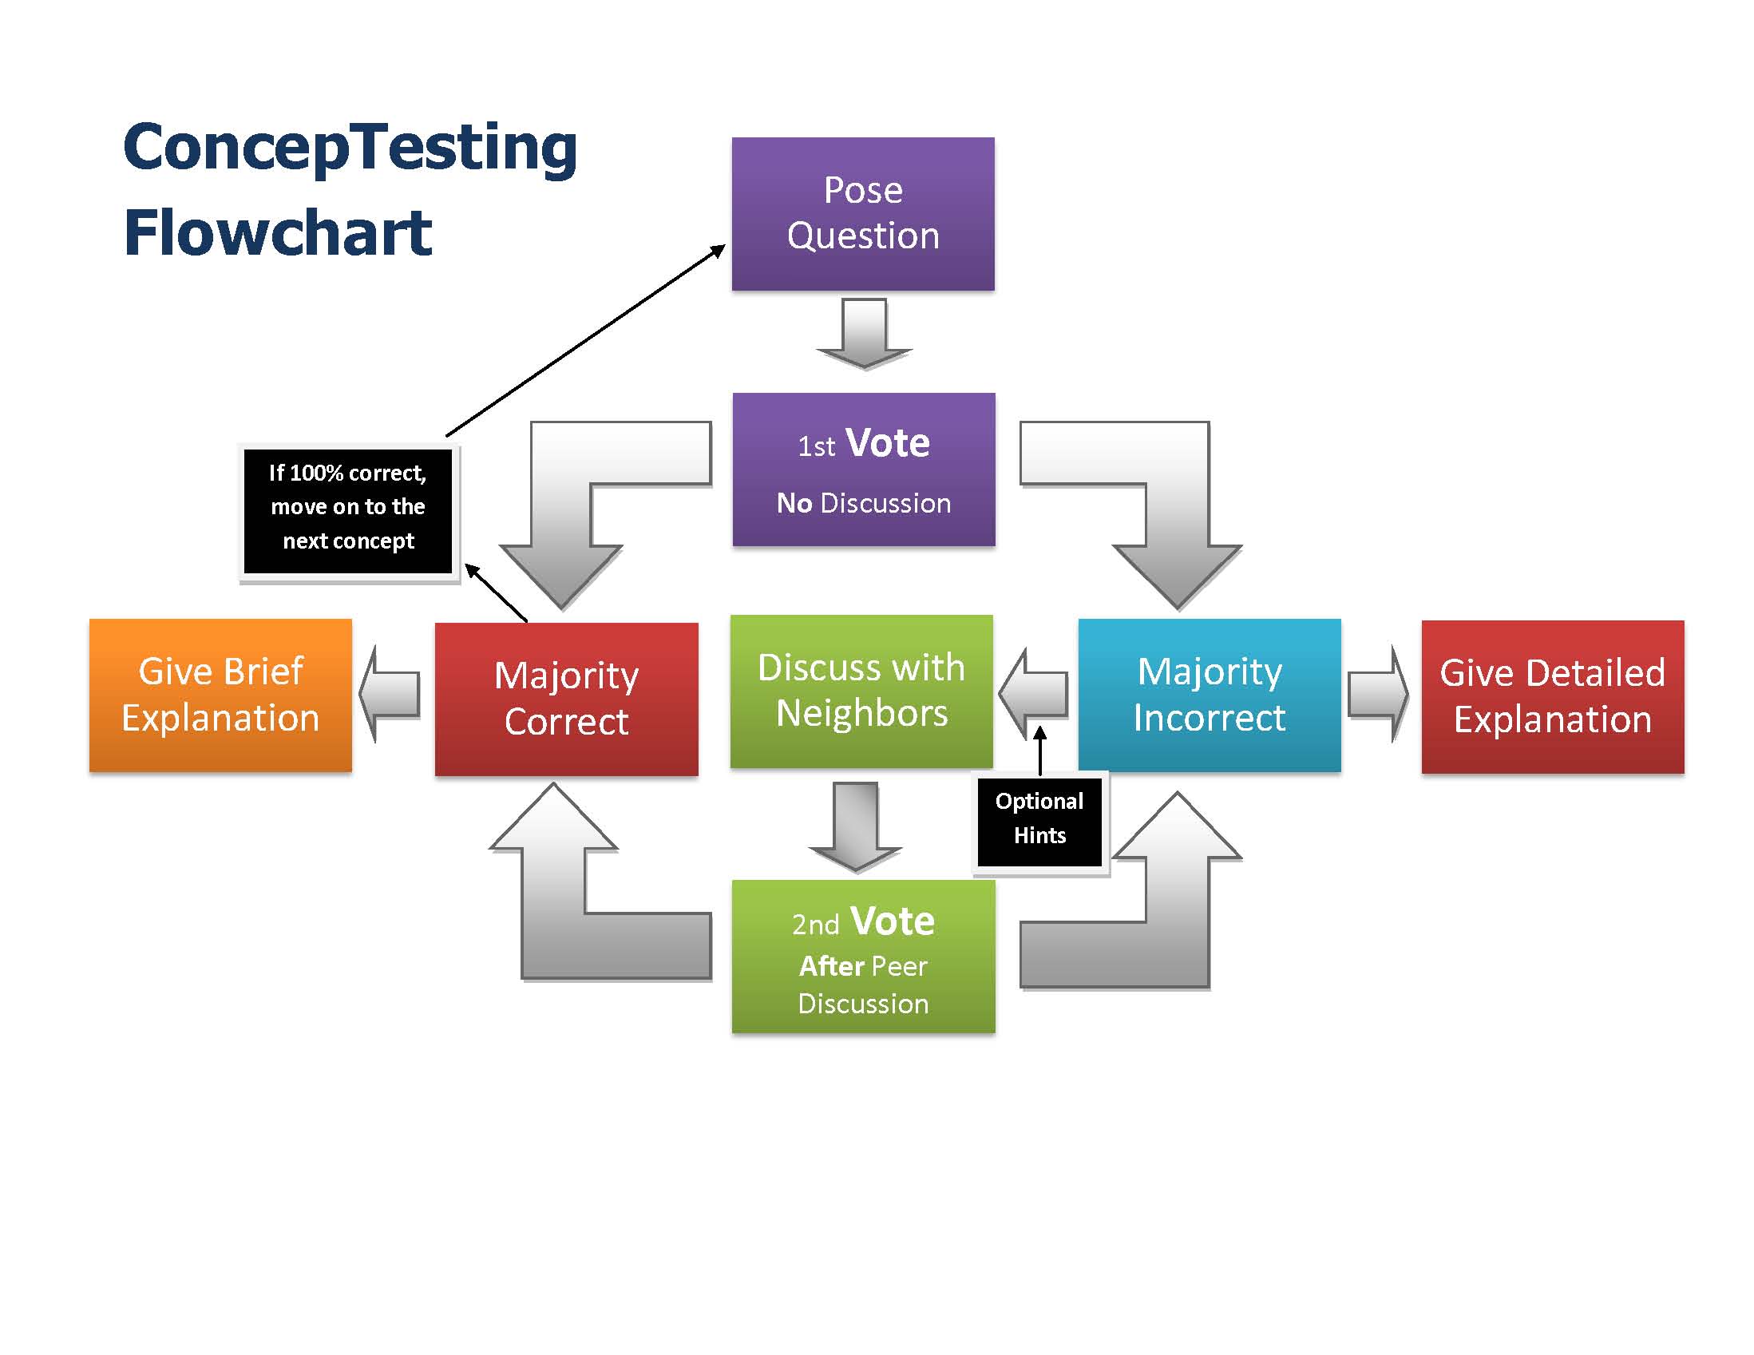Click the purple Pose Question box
point(862,214)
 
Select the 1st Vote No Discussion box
point(863,469)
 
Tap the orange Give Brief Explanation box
point(220,695)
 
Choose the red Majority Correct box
point(566,699)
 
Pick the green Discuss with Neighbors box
point(861,691)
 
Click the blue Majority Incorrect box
point(1210,695)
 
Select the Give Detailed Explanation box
point(1553,696)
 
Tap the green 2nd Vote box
point(863,956)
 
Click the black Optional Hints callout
point(1040,822)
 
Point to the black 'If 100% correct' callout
point(349,511)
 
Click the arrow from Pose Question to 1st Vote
point(864,333)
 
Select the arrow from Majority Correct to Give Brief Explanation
point(390,693)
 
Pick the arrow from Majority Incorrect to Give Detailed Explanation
point(1377,693)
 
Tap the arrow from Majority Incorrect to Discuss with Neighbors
point(1034,692)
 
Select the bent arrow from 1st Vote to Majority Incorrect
point(1178,514)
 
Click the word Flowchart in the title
point(278,233)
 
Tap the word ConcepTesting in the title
point(350,149)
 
